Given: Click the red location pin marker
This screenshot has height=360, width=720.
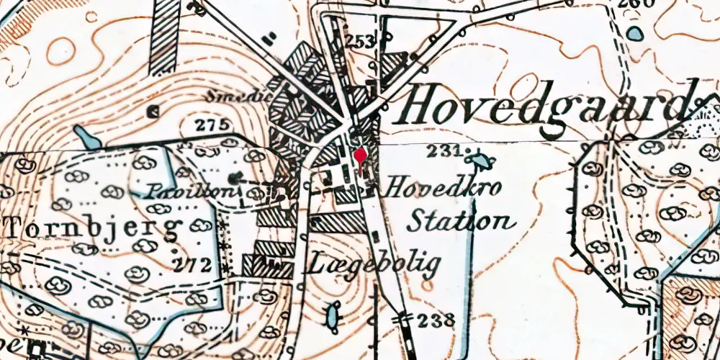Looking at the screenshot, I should coord(360,156).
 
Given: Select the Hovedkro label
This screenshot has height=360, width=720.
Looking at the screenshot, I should coord(444,188).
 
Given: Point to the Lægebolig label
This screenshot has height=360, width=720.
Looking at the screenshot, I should coord(373,266).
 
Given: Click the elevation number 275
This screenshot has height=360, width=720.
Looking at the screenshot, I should coord(212,125).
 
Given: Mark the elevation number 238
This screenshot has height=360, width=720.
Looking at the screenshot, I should coord(436,320).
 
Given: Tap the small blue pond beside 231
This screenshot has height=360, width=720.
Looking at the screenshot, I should coord(477,159).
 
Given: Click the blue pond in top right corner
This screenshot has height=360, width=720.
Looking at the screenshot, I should coord(635,33).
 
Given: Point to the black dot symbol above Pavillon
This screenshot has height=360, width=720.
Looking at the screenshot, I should coord(232,177).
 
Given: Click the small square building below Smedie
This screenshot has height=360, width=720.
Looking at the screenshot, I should coord(153,112).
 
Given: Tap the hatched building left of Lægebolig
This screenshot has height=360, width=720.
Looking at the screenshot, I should coord(268,266).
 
